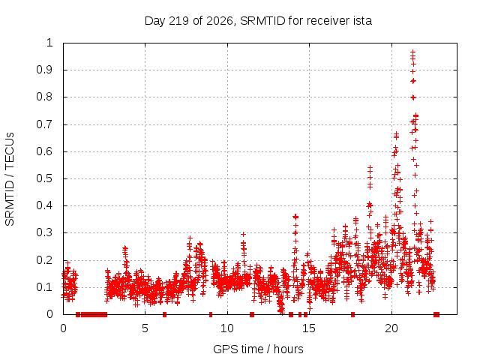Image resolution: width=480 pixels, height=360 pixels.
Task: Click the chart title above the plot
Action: [x=258, y=21]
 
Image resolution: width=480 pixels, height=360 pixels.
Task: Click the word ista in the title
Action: [x=361, y=21]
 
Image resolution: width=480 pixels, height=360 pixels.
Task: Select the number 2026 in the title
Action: [x=220, y=21]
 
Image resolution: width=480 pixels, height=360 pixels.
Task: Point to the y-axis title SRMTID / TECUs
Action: [x=10, y=179]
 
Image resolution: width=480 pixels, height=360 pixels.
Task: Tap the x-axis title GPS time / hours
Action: [x=258, y=349]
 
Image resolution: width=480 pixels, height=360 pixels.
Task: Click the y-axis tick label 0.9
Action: [x=45, y=70]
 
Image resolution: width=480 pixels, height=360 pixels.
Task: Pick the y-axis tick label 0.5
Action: [x=45, y=178]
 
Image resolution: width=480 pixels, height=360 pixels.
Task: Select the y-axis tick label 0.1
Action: [x=45, y=287]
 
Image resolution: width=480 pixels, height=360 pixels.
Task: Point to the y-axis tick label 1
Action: [x=49, y=43]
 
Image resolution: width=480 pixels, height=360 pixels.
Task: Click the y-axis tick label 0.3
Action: [x=45, y=232]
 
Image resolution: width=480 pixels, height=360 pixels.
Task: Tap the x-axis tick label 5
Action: [x=145, y=328]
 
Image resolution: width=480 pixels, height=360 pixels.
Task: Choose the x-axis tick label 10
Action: [x=227, y=328]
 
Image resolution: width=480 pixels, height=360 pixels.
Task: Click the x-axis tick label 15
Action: [x=309, y=328]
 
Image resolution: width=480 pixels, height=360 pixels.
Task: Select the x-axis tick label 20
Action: [x=391, y=328]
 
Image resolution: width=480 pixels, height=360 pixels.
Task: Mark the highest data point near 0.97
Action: [x=413, y=52]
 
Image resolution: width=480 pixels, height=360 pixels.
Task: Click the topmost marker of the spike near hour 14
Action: [x=295, y=217]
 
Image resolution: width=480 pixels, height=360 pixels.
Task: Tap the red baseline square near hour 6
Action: [x=165, y=314]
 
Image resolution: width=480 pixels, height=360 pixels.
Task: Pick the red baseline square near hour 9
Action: [x=211, y=314]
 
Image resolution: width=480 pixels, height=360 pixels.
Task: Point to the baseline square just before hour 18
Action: [x=353, y=314]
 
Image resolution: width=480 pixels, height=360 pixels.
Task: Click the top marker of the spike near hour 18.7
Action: [x=370, y=168]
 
